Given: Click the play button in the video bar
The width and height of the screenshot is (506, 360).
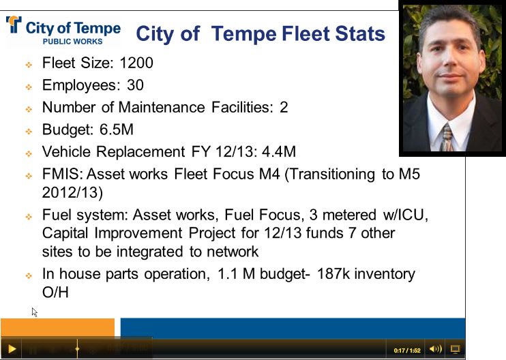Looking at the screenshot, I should coord(12,349).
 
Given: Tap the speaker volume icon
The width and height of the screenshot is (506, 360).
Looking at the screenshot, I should coord(436,349).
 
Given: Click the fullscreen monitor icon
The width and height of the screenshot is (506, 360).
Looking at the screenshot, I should coord(455,349).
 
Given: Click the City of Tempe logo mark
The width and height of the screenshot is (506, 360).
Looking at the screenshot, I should coord(14,25).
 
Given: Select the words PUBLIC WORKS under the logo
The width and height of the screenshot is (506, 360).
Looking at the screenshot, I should coord(72,42).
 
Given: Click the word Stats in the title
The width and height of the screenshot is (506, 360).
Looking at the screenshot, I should coord(357,34).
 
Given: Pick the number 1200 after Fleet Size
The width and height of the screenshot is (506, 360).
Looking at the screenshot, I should coord(136,63).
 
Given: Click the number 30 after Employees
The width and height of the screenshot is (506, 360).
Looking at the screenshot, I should coord(135,85).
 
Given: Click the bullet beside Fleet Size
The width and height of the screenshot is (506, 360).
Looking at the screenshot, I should coord(29,65).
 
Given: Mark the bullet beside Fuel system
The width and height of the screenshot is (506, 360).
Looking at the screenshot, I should coord(29,217).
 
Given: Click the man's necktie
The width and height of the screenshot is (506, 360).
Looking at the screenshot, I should coord(446,136).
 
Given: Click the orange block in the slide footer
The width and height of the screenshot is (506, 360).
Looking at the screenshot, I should coord(57,327).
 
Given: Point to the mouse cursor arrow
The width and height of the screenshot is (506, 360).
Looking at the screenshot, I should coord(34,312).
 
